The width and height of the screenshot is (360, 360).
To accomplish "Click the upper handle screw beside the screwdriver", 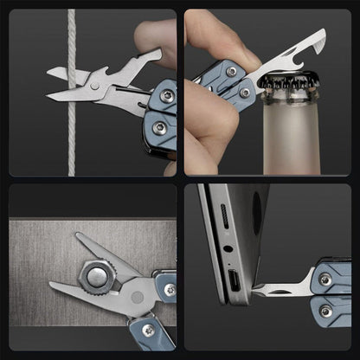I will coord(325,279).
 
